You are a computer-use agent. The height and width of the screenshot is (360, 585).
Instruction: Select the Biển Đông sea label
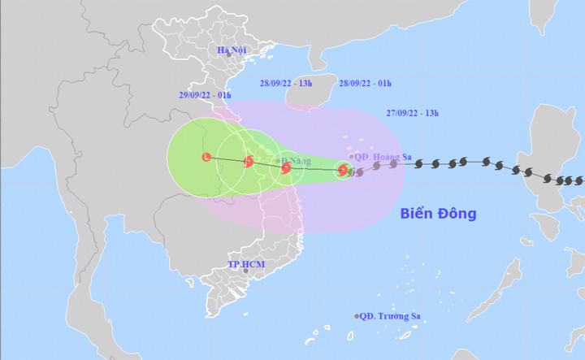438,214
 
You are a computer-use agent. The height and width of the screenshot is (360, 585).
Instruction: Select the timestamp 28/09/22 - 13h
284,82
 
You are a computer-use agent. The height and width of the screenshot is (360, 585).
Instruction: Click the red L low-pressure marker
206,156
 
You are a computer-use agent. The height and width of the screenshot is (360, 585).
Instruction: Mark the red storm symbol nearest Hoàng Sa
342,170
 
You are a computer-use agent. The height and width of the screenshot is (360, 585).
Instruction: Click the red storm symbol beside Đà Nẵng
285,167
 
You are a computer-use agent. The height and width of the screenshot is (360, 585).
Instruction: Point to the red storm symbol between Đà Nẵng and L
249,161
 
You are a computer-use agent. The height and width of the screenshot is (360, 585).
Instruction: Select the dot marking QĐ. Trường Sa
356,316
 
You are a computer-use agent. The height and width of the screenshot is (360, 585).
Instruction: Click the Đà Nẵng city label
298,161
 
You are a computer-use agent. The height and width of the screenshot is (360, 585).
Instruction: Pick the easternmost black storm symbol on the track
579,180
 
